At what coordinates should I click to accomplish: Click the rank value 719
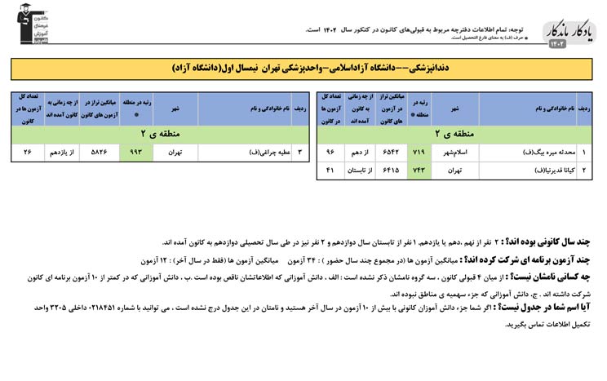420,152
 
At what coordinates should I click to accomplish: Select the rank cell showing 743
420,170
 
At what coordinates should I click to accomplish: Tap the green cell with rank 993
135,152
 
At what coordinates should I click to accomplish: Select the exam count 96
330,152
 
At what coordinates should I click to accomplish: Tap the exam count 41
330,170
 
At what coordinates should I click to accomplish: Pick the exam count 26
28,152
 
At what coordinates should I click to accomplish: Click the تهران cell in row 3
175,152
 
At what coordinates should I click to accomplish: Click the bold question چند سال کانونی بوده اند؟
555,242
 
